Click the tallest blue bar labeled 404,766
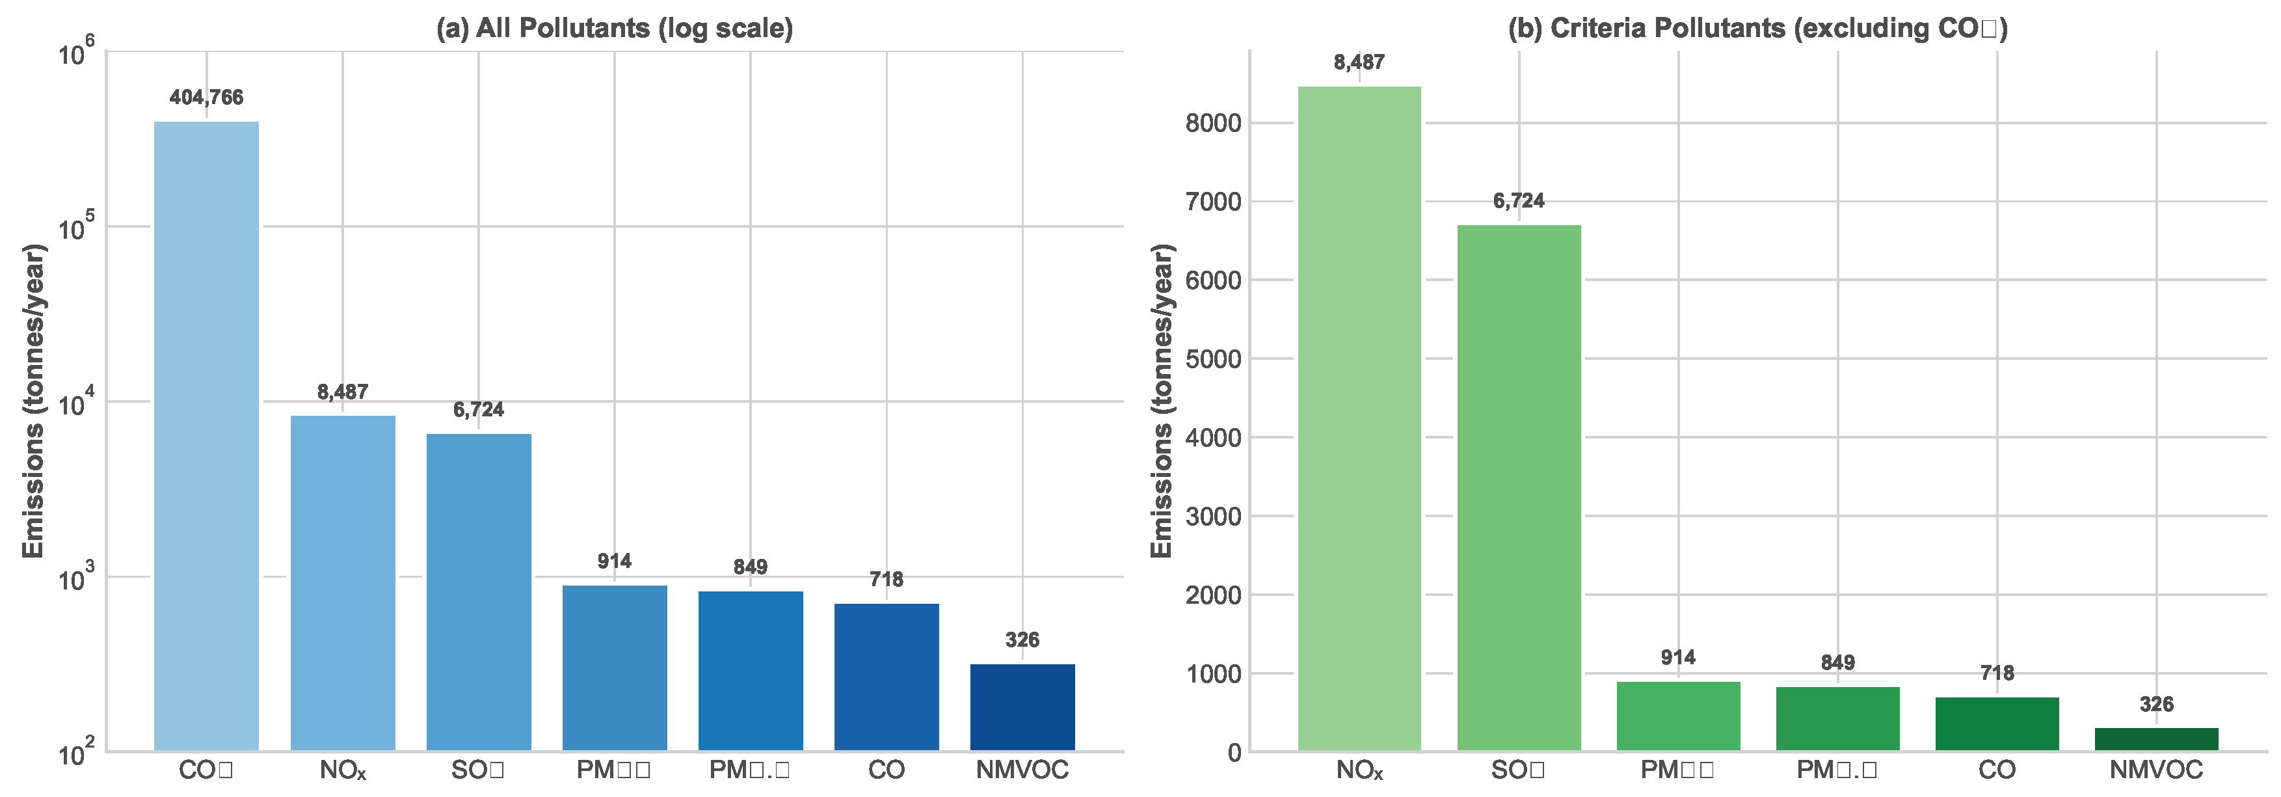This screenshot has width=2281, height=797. click(x=206, y=434)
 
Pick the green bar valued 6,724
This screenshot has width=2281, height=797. click(x=1519, y=487)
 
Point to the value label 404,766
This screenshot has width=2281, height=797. click(x=206, y=98)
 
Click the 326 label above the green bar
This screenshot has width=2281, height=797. click(x=2156, y=704)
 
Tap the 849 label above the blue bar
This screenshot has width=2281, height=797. click(x=750, y=567)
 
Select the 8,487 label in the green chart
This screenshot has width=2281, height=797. click(x=1359, y=62)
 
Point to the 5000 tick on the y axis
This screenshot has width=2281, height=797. click(x=1213, y=358)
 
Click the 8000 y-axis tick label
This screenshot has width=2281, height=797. click(x=1213, y=123)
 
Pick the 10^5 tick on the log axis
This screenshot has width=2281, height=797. click(x=76, y=228)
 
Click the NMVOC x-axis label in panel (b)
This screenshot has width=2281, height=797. click(x=2156, y=770)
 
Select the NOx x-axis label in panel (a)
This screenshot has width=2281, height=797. click(x=343, y=770)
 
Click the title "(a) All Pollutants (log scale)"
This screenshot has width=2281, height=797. click(x=615, y=29)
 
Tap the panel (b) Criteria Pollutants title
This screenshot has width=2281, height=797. click(x=1757, y=29)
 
